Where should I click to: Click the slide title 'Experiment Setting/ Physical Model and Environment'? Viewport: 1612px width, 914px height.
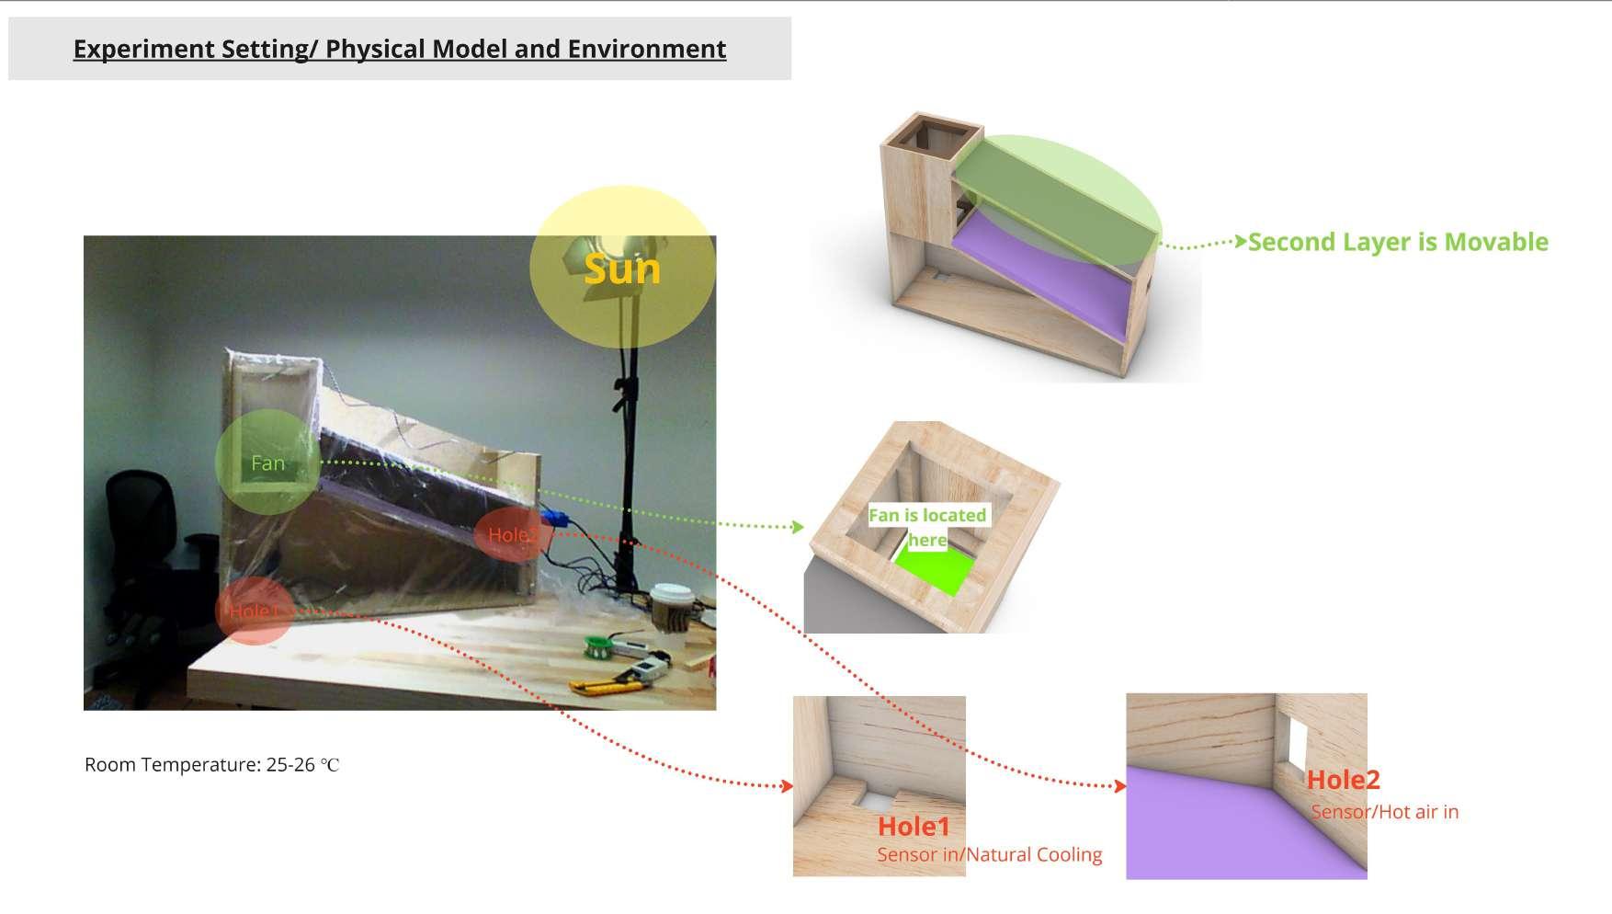[x=400, y=49]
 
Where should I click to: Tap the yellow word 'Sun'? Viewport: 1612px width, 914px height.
[x=622, y=269]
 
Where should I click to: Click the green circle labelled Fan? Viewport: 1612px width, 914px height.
[x=267, y=463]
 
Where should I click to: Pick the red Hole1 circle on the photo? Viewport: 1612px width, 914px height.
[x=253, y=611]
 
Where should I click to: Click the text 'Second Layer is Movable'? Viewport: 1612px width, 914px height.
[x=1398, y=242]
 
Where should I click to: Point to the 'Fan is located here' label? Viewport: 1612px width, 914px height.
[x=927, y=527]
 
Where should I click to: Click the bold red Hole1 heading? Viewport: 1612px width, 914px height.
[x=914, y=827]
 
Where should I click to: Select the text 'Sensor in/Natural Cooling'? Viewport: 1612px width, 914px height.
[x=989, y=854]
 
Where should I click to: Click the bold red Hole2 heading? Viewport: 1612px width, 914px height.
[x=1343, y=780]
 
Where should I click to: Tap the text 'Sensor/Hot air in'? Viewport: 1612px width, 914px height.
[x=1384, y=812]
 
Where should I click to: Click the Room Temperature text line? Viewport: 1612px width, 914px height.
[x=211, y=765]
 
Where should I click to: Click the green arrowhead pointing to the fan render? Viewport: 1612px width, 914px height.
[x=798, y=527]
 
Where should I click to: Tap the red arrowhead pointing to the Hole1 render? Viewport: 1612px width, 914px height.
[x=787, y=786]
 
